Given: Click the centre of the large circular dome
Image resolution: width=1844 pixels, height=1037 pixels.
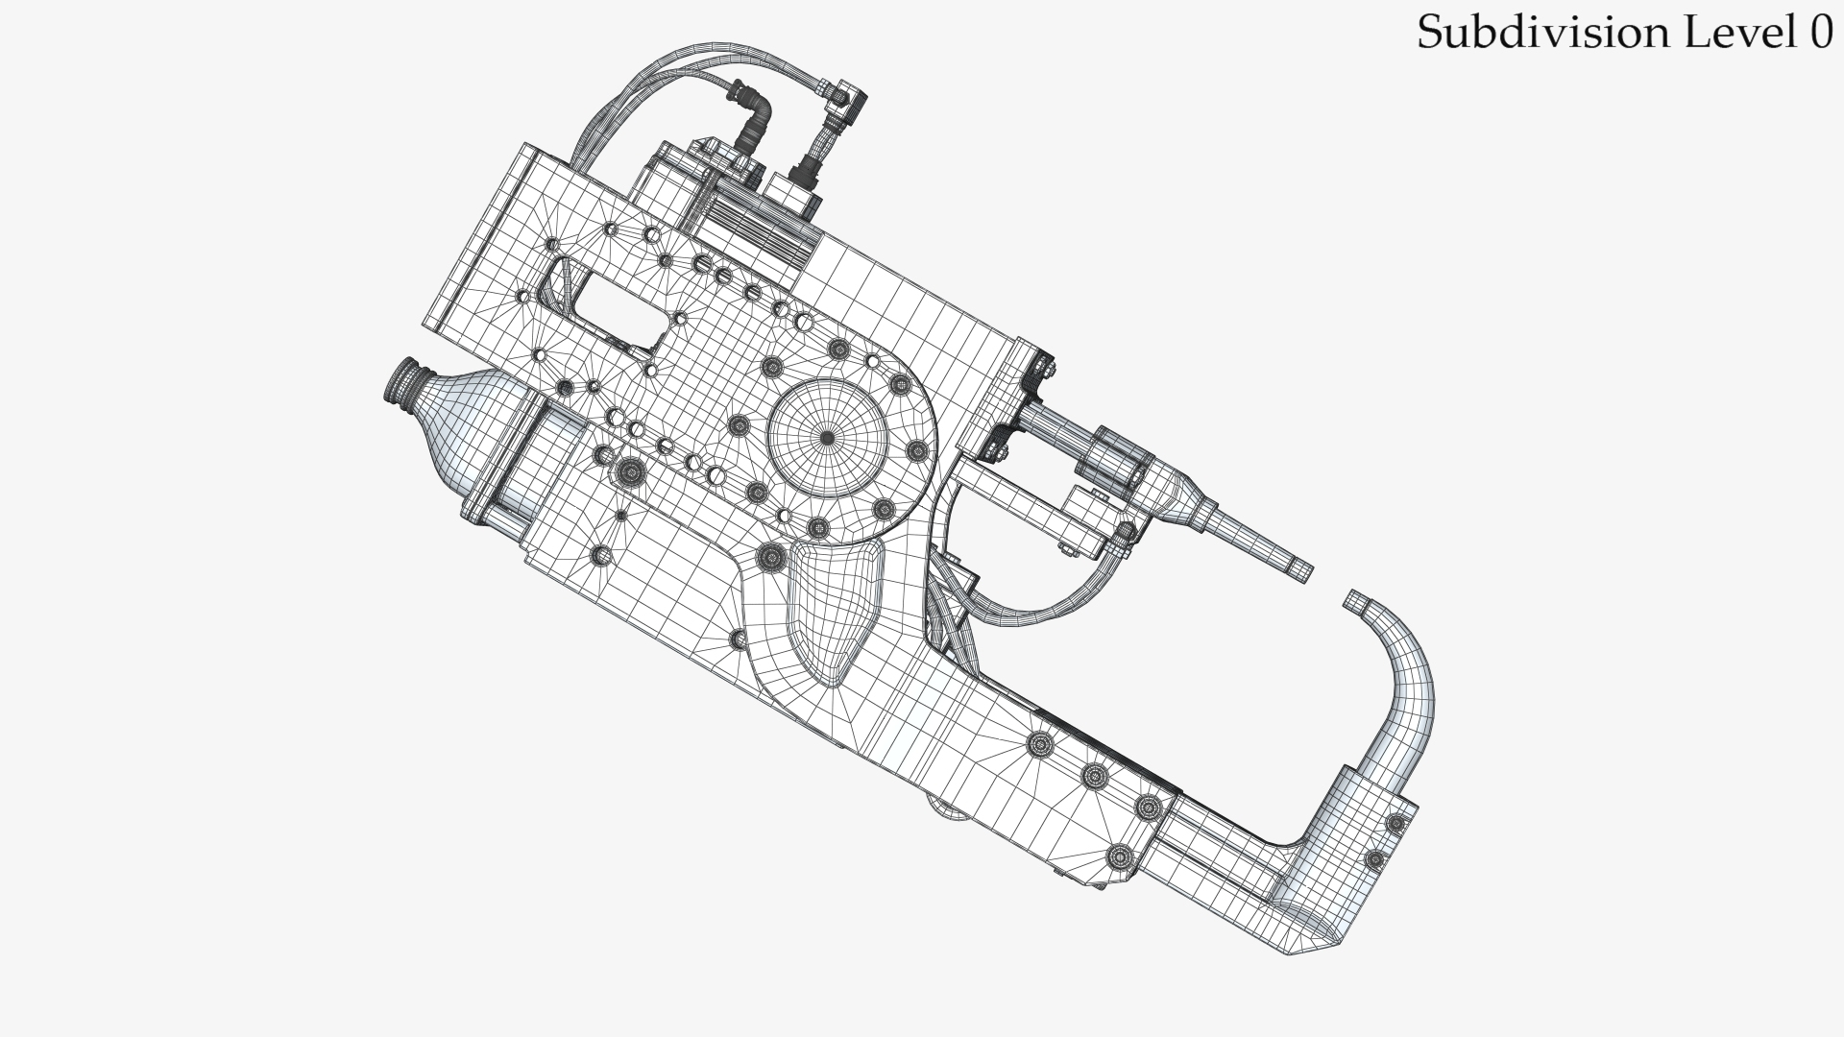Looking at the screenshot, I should coord(827,438).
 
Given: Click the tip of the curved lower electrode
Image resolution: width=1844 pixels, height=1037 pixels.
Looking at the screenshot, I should coord(1357,602).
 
